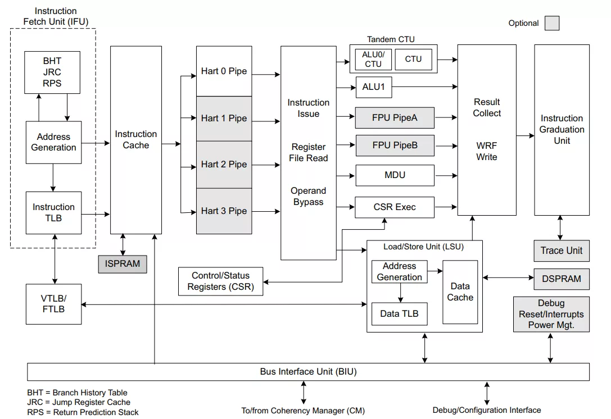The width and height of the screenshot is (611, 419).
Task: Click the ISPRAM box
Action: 123,264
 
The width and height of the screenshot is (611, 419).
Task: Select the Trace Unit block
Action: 562,251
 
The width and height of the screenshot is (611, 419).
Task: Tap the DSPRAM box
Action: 562,279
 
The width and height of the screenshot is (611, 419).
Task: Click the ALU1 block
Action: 374,87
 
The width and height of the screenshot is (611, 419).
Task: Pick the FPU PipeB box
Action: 395,145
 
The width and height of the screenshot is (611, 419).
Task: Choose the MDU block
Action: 395,175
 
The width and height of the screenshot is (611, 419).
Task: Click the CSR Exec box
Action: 395,207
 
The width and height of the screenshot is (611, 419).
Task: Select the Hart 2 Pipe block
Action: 224,165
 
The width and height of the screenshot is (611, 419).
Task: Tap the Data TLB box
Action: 400,314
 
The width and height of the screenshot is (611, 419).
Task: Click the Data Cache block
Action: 460,292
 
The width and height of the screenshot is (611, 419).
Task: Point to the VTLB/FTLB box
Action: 54,304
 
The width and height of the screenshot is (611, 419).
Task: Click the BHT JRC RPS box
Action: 52,72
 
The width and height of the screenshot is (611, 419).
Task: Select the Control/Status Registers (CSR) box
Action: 220,281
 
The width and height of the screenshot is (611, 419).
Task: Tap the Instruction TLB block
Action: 54,213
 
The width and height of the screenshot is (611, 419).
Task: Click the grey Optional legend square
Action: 552,23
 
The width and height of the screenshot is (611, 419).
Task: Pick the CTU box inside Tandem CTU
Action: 414,59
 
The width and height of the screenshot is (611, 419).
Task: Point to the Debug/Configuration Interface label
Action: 487,410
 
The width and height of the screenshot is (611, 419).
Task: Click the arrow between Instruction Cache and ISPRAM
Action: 123,244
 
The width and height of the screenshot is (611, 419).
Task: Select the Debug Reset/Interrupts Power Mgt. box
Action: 551,315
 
